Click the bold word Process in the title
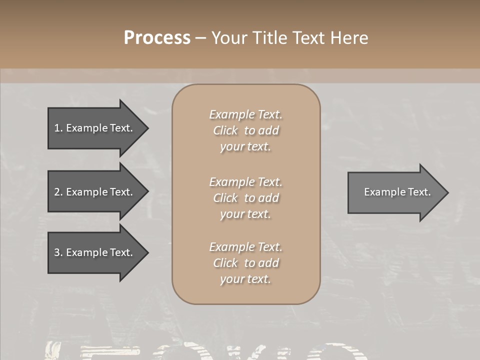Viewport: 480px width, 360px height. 157,38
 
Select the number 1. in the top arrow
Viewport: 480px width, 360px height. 58,128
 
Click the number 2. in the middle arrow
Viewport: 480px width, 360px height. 58,192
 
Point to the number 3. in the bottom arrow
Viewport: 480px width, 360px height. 58,252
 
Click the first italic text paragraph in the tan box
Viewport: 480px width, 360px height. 245,130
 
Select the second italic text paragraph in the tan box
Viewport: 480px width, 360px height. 245,198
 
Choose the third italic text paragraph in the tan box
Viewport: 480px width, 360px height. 245,263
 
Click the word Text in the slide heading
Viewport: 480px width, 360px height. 308,38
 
